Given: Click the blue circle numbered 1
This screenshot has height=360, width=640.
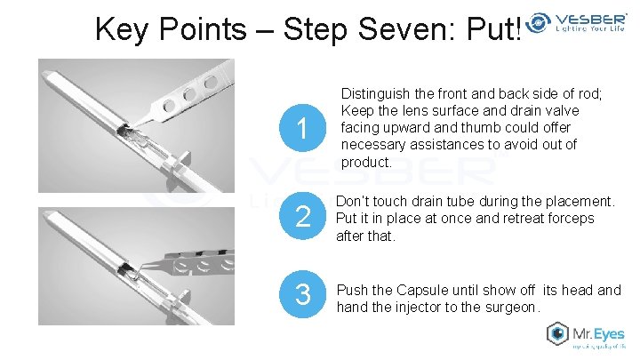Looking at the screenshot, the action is coord(302,128).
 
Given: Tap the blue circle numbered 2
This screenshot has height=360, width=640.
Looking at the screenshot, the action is coord(302,215).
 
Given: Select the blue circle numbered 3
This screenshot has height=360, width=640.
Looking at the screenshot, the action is coord(302,294).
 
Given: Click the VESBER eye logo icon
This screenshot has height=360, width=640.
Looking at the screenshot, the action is coord(538,22).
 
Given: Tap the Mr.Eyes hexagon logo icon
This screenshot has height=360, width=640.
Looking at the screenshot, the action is coord(557,333).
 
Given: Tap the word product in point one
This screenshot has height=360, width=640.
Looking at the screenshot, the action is coord(364,163).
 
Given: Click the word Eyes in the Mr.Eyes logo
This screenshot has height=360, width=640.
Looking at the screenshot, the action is coord(609,334).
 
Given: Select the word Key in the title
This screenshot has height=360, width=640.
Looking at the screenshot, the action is coord(120,30).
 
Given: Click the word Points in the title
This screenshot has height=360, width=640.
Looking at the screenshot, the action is coord(203,29).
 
